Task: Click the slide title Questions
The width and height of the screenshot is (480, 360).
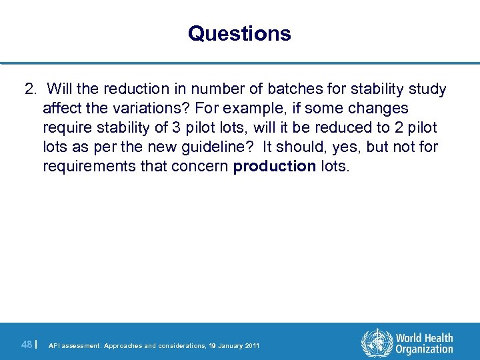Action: click(239, 33)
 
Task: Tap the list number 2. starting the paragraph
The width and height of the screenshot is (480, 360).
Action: click(31, 89)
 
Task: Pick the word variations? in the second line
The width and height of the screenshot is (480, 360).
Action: click(129, 109)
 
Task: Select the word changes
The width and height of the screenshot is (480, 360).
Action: click(375, 109)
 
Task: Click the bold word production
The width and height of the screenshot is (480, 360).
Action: click(275, 167)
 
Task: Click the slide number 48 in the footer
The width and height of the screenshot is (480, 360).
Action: click(27, 345)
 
